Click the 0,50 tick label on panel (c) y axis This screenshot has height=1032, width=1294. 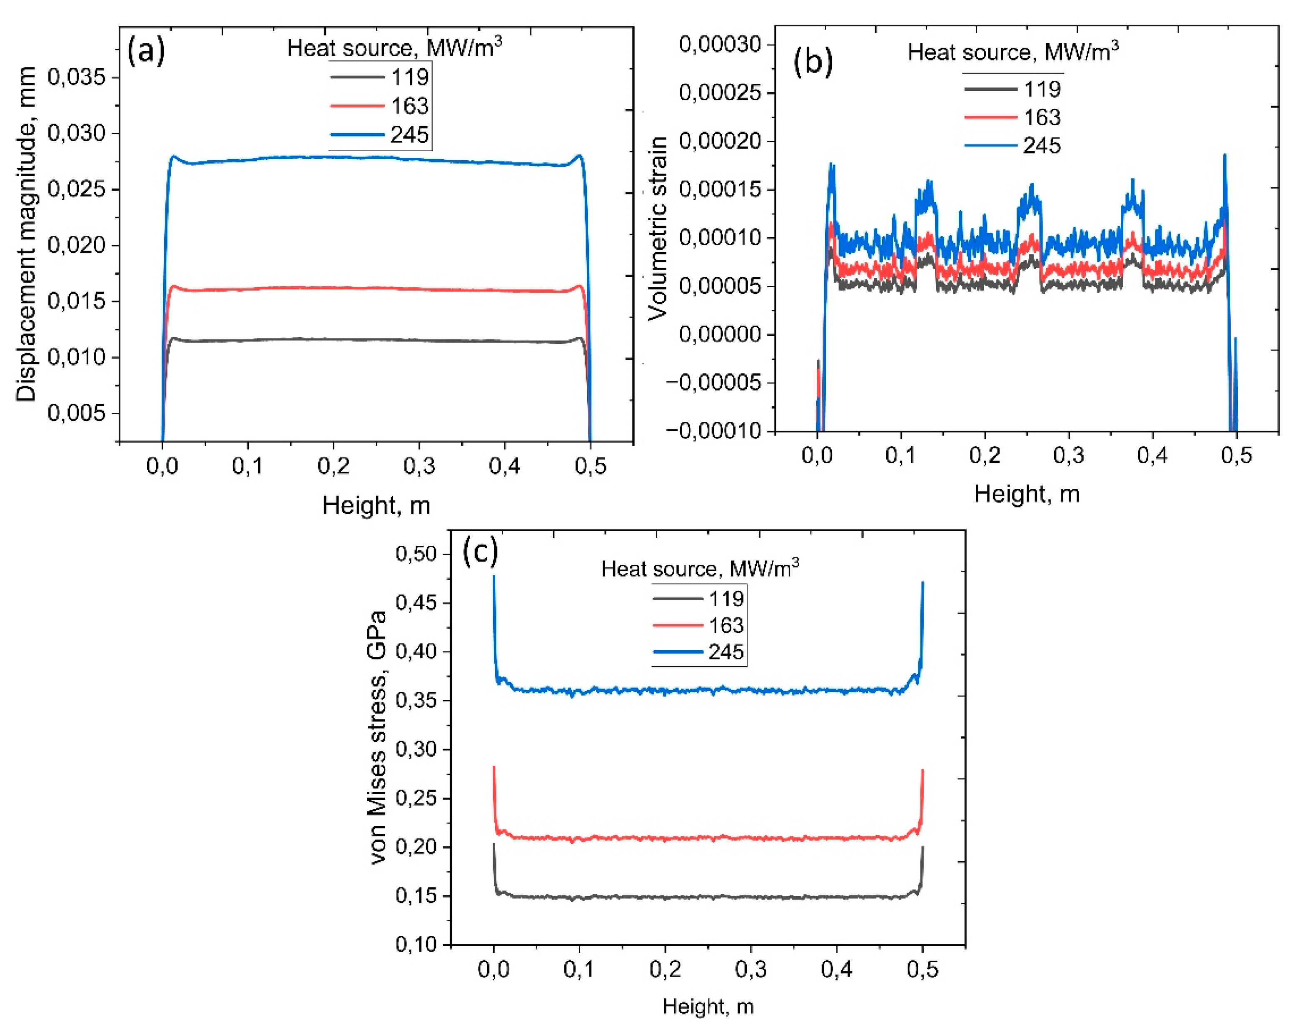tap(415, 553)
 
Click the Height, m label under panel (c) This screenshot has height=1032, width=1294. tap(708, 1006)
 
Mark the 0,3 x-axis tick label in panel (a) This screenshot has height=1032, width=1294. tap(419, 465)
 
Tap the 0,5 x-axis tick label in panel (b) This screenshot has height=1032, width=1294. tap(1237, 455)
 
